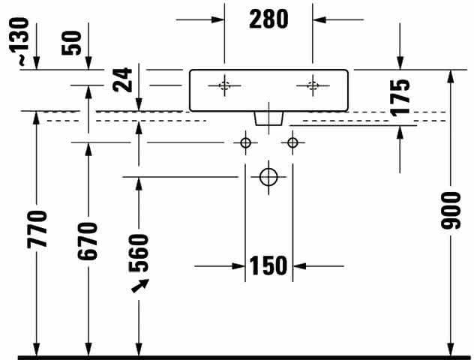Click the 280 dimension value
[x=268, y=19]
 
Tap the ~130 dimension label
[x=19, y=41]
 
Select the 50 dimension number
[x=72, y=43]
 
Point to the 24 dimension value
[x=122, y=79]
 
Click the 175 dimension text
[x=400, y=97]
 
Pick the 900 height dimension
[x=451, y=211]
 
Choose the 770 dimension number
[x=37, y=229]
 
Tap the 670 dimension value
[x=88, y=241]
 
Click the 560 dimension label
[x=139, y=253]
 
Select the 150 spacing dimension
[x=268, y=265]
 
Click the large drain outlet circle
[x=268, y=177]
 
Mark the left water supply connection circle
[x=245, y=142]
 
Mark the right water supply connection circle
[x=292, y=142]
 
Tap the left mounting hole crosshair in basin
[x=224, y=85]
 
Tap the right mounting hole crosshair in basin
[x=313, y=85]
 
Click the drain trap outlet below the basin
[x=268, y=118]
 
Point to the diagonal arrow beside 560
[x=140, y=286]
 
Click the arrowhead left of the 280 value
[x=218, y=20]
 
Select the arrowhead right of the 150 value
[x=299, y=266]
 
